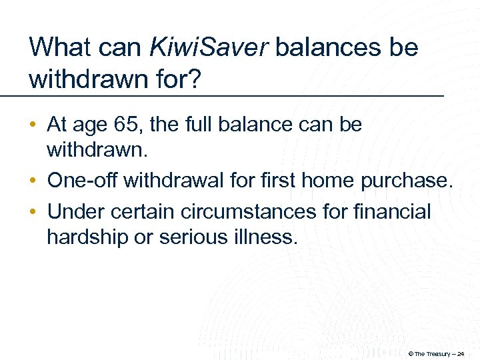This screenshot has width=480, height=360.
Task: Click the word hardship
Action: click(x=88, y=237)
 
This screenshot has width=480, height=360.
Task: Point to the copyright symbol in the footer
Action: click(x=411, y=353)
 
